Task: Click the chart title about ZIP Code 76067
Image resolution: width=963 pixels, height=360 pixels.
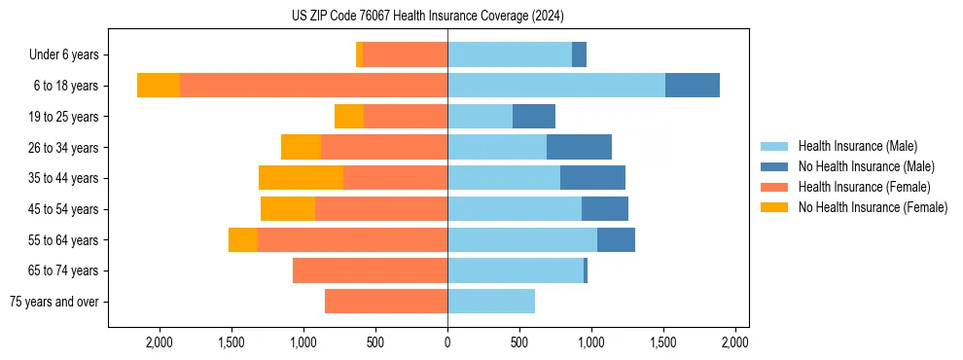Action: (x=427, y=16)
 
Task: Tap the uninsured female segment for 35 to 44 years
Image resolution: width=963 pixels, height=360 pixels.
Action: (x=301, y=178)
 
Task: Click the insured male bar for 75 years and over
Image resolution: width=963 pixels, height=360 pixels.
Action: (x=491, y=302)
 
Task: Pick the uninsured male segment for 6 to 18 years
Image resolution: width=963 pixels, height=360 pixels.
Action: (x=693, y=86)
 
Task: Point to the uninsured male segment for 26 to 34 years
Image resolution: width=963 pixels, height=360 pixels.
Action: (x=579, y=147)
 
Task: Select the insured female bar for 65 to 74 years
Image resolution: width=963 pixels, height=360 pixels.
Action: (x=370, y=270)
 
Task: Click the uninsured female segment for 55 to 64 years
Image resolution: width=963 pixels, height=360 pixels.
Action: (x=243, y=239)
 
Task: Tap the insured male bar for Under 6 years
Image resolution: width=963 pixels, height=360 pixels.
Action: (x=510, y=54)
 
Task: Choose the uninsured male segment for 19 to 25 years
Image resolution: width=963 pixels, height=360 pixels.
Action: (x=534, y=117)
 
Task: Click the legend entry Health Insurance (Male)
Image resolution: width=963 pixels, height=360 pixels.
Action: (x=857, y=146)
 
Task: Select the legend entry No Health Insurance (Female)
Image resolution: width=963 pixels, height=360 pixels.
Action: (x=873, y=207)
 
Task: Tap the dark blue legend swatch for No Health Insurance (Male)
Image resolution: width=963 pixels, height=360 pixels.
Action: (x=775, y=166)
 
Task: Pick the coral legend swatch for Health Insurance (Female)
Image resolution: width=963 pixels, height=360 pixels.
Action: (x=775, y=187)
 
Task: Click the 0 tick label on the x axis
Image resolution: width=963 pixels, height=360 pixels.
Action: (x=447, y=342)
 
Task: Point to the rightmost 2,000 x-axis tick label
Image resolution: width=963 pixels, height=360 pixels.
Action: (x=735, y=342)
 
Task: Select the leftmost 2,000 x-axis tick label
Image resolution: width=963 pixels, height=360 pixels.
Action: (x=160, y=342)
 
